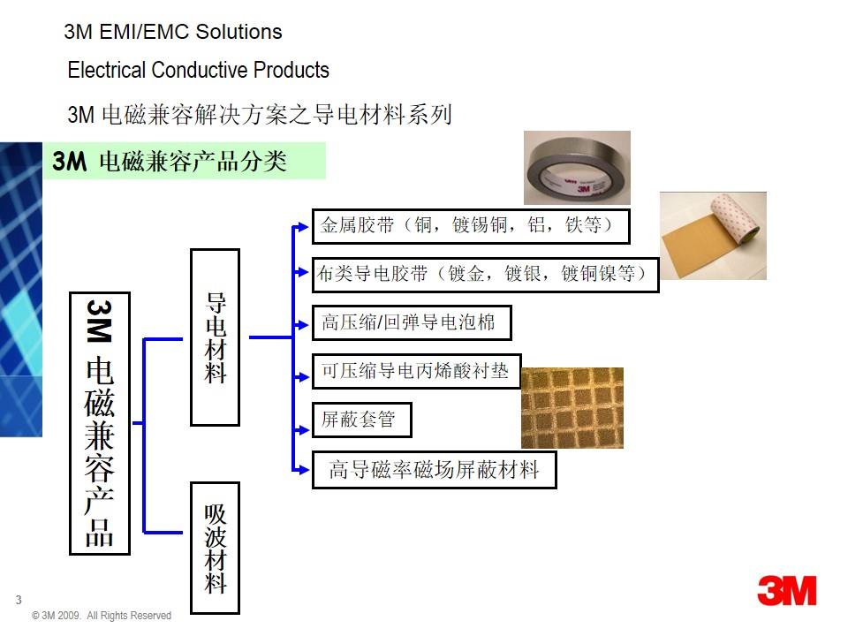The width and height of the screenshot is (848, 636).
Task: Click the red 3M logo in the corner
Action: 787,590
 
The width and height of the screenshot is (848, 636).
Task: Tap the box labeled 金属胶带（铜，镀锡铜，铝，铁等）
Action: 471,226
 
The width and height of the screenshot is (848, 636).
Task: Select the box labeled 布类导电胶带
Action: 486,275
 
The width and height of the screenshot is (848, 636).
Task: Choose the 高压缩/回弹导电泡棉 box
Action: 412,322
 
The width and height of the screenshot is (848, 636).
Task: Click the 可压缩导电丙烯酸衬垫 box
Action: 416,371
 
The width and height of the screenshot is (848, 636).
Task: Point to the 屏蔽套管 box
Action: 362,420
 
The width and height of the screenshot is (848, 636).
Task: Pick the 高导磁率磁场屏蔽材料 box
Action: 435,470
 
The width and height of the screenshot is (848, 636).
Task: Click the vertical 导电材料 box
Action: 216,337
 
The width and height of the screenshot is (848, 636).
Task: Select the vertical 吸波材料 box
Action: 216,547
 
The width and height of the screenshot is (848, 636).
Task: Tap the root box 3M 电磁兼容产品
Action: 100,423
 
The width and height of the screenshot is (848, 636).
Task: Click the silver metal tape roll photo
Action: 577,168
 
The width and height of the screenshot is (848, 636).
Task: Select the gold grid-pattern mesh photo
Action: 572,407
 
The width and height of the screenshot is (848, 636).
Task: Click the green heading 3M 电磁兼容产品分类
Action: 185,162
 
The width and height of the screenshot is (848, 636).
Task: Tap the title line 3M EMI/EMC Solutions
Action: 173,33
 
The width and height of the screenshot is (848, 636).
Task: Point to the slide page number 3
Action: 19,600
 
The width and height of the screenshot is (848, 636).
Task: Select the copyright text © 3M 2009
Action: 101,616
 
